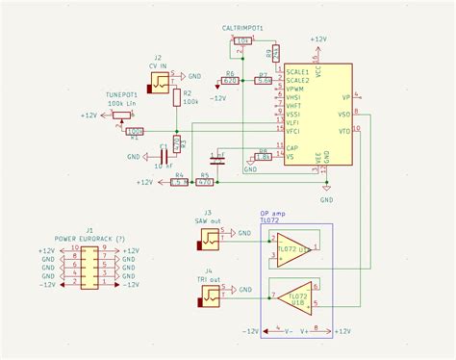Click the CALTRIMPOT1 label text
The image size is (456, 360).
coord(242,30)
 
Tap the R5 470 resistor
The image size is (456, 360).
coord(204,181)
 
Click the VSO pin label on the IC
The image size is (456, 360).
coord(344,114)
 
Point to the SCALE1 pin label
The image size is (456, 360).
coord(297,70)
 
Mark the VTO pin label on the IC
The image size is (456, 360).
coord(344,131)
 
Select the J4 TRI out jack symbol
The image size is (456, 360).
coord(208,299)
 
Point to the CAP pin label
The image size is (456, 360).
coord(292,147)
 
